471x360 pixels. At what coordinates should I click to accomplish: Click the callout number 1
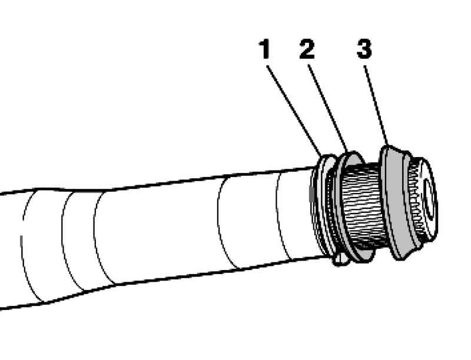coord(264,49)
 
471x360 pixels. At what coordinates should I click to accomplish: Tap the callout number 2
coord(307,49)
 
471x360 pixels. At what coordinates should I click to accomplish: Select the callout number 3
coord(364,49)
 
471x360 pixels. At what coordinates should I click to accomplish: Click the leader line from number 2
coord(328,109)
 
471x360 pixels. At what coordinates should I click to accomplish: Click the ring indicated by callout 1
coord(323,207)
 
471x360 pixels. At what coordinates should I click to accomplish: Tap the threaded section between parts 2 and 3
coord(362,207)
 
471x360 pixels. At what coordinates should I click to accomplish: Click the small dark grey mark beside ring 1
coord(312,194)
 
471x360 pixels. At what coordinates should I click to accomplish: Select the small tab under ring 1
coord(340,260)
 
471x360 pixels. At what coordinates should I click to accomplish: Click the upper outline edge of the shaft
coord(156,184)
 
